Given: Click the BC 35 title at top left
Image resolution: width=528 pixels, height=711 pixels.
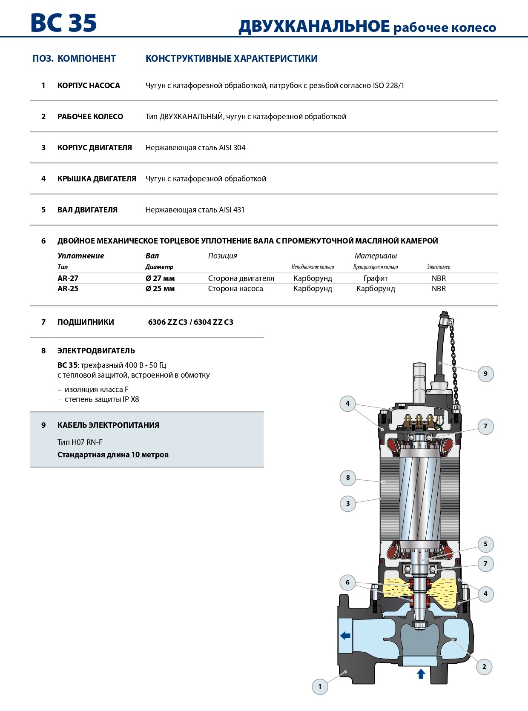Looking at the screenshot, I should (64, 23).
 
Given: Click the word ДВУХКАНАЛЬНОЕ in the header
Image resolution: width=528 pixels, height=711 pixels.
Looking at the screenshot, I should (314, 26).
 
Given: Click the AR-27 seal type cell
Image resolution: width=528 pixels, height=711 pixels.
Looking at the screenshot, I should (68, 278).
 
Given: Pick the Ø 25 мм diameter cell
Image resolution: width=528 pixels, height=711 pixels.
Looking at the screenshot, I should (160, 289).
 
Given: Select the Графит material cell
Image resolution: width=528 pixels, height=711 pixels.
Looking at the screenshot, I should (376, 278).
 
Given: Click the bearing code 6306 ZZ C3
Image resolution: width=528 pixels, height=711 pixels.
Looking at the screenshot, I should (168, 322).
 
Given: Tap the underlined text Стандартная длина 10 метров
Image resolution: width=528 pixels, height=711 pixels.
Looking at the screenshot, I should (113, 455).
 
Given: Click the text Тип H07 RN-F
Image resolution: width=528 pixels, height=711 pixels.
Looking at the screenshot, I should (80, 442).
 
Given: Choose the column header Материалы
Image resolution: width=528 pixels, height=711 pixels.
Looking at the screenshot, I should (376, 256).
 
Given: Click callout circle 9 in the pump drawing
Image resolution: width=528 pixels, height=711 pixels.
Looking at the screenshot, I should (485, 374).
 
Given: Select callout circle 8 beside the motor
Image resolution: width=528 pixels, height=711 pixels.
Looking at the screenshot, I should (348, 478).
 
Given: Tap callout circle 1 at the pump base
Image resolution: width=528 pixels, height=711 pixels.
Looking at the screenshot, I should (320, 686).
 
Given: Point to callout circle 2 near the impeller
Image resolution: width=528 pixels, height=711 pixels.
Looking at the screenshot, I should (484, 667).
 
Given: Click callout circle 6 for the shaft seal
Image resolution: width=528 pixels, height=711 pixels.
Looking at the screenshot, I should (347, 582).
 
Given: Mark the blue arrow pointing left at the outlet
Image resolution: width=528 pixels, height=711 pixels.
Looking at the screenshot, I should (345, 636).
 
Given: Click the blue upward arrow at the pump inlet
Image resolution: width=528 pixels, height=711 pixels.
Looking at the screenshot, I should (421, 674).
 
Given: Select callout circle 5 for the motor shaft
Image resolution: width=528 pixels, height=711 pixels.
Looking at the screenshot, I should (485, 544).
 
